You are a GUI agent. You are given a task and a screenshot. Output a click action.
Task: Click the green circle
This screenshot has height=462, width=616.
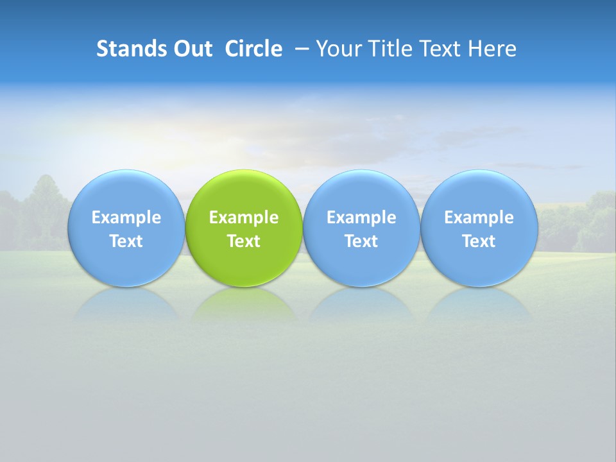point(244,193)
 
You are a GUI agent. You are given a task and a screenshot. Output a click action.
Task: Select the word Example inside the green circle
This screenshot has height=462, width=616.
point(244,218)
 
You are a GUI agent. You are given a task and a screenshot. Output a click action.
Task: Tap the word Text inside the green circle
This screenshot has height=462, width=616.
point(244,241)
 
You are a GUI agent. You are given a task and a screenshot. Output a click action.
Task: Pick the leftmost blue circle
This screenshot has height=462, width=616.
point(126,193)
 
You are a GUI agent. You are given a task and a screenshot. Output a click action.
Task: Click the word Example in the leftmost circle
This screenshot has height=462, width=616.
point(126,218)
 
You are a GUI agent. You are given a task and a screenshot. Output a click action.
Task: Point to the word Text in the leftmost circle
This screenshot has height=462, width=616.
point(126,241)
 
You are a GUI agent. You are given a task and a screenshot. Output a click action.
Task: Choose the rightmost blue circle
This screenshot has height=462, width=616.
point(479,193)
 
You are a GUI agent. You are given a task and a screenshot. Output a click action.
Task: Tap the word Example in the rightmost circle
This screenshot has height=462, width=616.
point(479,218)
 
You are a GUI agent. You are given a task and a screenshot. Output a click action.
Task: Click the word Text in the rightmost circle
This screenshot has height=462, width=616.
point(479,241)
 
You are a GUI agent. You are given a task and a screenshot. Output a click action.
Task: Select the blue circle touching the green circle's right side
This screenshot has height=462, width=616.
point(361,193)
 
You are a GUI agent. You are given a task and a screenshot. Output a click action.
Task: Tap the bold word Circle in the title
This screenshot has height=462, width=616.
point(253,49)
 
